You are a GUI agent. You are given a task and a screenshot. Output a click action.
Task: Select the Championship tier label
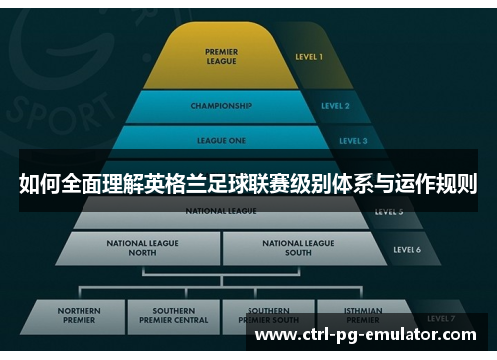(x=221, y=106)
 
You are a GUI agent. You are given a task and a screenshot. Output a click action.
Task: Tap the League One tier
(x=222, y=141)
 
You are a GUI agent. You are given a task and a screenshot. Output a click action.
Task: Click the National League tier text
(x=221, y=211)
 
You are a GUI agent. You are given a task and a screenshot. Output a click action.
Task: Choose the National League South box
(x=298, y=247)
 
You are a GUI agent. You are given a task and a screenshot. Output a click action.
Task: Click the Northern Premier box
(x=79, y=316)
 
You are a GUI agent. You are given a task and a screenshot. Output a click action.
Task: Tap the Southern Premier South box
(x=268, y=316)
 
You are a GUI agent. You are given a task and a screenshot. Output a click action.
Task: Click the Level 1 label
(x=308, y=57)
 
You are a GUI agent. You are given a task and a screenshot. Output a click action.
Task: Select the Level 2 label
(x=334, y=106)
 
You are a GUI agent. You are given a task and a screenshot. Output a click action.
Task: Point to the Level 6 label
(x=407, y=249)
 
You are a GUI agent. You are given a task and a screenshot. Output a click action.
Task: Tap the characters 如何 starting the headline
(x=39, y=184)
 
